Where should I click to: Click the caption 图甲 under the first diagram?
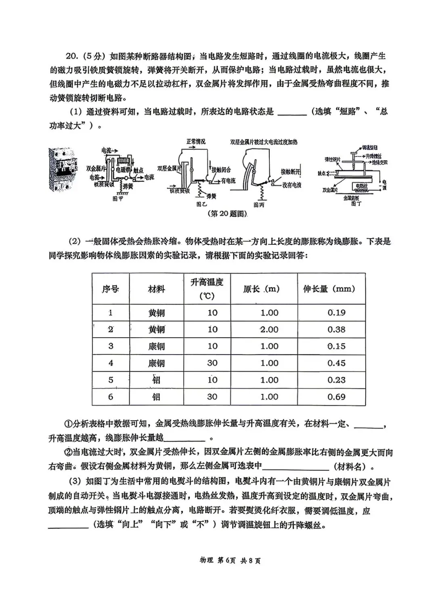[118, 199]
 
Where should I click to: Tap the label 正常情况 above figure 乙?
[196, 142]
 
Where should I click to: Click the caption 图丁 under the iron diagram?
[356, 204]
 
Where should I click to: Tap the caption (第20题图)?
[227, 213]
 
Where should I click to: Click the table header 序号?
[110, 289]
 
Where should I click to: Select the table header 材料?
[156, 289]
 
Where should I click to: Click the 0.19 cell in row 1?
[336, 313]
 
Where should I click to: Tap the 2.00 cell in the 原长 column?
[269, 330]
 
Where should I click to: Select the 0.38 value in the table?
[336, 330]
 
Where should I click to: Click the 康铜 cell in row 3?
[156, 347]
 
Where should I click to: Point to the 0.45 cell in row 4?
[336, 363]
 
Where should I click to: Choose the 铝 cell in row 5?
[156, 380]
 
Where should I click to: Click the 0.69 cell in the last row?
[336, 397]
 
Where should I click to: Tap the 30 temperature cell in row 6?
[212, 397]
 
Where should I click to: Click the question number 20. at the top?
[74, 56]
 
